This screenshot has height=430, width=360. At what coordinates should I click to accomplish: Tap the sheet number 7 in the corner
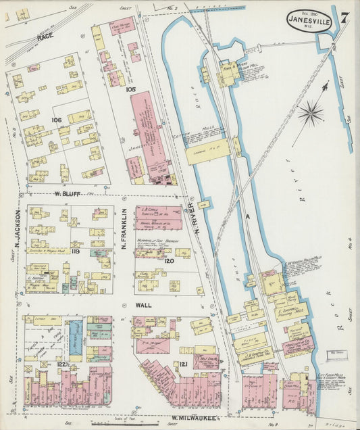345,18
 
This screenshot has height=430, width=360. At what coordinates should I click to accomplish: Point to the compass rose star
311,113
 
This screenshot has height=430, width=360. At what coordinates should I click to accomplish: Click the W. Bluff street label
67,194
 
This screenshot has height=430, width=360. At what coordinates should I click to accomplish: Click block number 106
55,120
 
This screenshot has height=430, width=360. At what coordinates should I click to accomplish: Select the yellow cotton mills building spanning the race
209,152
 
